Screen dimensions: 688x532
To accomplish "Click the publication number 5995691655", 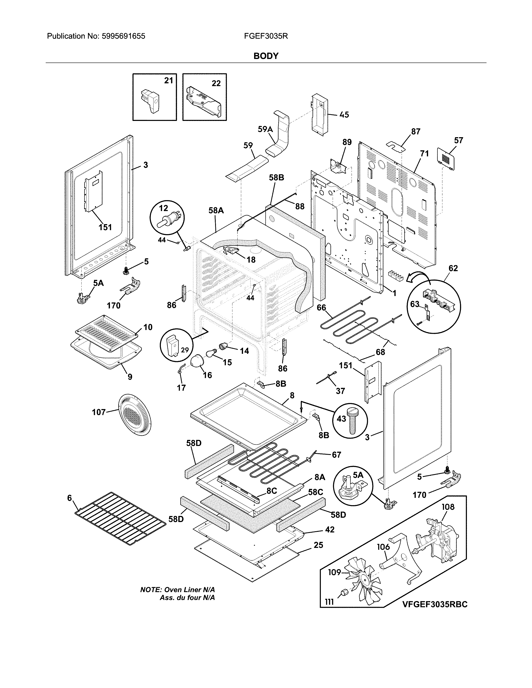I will tap(124, 36).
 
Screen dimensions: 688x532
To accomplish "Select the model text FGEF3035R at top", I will tap(266, 36).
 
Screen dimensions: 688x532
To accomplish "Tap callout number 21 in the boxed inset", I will tap(169, 81).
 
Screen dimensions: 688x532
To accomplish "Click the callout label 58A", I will tap(216, 210).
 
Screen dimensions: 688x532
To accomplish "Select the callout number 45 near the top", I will tap(344, 115).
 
